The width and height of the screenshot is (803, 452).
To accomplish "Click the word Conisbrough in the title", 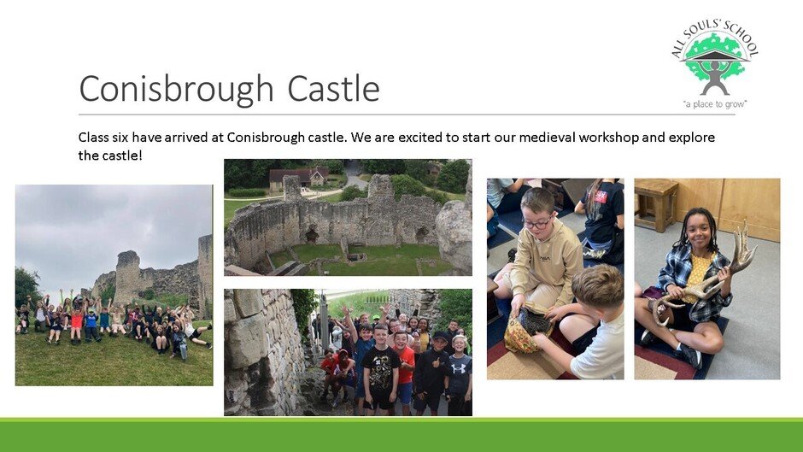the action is point(176,89).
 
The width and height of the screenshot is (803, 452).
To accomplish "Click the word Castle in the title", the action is point(333,88).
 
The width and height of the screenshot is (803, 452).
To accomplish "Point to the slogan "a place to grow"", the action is point(715,104).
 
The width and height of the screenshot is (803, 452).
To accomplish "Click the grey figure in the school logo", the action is point(715,78).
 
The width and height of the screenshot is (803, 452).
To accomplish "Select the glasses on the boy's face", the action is point(537,223).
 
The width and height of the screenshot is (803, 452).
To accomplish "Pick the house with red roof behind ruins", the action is point(299,178).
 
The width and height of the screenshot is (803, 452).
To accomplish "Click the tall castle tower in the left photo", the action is point(127,277).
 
